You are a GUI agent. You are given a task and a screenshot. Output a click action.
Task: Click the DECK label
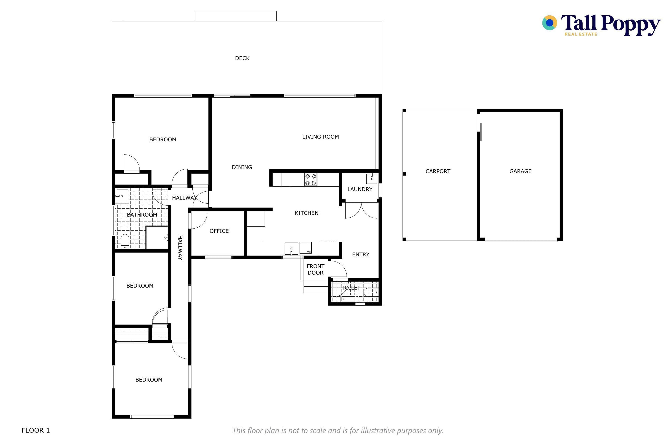(x=242, y=58)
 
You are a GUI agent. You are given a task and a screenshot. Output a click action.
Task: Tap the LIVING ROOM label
(x=320, y=137)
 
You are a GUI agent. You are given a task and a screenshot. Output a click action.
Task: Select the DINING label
(x=242, y=167)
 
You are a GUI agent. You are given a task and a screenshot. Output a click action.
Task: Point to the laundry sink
(x=372, y=179)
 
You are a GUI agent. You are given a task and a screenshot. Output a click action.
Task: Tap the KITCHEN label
(x=307, y=213)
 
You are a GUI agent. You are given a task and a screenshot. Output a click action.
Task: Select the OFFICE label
(x=219, y=231)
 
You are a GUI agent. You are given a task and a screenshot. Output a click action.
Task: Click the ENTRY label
(x=361, y=255)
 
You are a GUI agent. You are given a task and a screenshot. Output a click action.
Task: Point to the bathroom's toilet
(x=125, y=242)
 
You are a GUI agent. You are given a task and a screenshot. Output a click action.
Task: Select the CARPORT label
(x=438, y=171)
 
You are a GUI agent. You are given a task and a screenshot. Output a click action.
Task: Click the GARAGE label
(x=520, y=171)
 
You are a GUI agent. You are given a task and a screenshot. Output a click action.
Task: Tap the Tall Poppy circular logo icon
(x=549, y=23)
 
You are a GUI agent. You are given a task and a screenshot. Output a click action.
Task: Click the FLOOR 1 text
(x=36, y=430)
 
